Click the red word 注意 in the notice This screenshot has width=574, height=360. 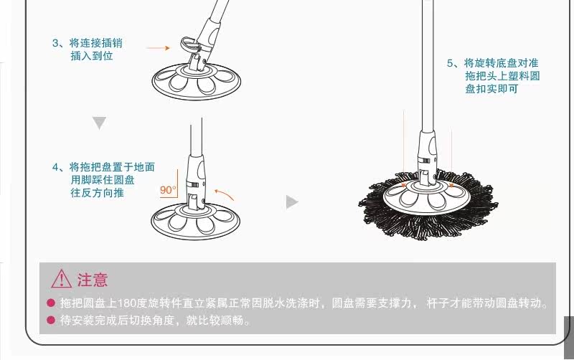click(x=93, y=279)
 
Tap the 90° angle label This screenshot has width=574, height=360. click(x=168, y=190)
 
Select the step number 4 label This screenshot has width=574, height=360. click(x=55, y=167)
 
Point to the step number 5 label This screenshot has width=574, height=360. click(x=450, y=63)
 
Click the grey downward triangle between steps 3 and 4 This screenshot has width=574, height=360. click(x=99, y=123)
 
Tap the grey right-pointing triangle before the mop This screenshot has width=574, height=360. click(x=291, y=202)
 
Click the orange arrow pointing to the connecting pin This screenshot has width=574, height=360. click(x=157, y=48)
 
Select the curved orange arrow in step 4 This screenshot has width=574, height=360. click(x=225, y=194)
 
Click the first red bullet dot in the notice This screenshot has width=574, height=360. click(x=51, y=303)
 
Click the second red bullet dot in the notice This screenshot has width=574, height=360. click(x=51, y=321)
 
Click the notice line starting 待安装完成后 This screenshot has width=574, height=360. click(x=155, y=321)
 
